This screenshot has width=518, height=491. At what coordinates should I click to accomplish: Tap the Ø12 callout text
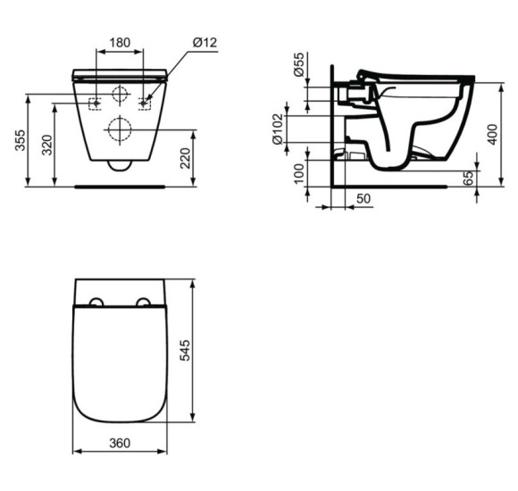coord(205,41)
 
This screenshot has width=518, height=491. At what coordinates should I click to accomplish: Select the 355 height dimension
coord(21,140)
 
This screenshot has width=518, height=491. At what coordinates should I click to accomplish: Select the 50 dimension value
coord(363,196)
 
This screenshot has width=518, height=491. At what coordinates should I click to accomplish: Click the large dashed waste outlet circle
coord(119,130)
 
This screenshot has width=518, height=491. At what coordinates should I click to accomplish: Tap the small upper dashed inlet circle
coord(119,94)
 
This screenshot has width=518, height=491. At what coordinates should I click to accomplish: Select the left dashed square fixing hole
coord(95,103)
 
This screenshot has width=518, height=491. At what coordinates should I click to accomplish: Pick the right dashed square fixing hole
coord(144,103)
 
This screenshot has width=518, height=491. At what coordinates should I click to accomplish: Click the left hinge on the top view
coord(96,303)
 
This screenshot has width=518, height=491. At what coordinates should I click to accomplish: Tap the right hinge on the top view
coord(142,303)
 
